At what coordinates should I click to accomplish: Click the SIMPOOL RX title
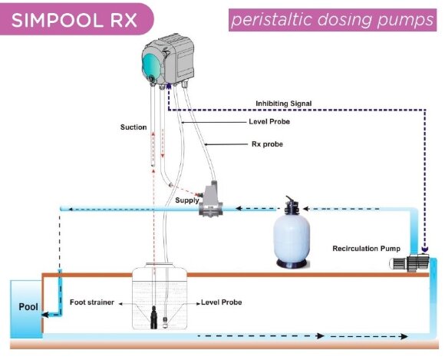tap(74, 18)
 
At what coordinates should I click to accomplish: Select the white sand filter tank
tap(294, 240)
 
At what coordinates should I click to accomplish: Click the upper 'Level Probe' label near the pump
tap(268, 121)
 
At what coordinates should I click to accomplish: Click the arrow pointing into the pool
tap(51, 314)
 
